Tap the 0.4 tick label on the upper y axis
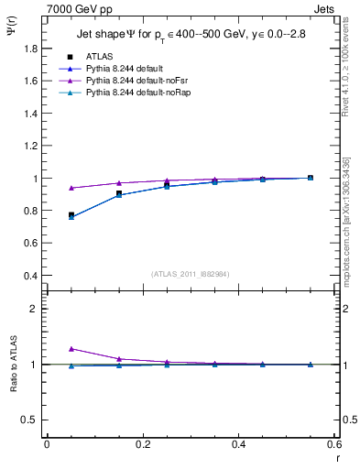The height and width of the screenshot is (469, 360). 29,276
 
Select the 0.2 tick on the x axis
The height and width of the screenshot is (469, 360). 142,444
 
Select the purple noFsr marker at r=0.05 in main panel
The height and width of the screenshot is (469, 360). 71,188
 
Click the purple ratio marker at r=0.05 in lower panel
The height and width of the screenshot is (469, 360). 71,349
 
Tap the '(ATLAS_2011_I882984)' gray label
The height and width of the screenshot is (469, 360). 190,274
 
